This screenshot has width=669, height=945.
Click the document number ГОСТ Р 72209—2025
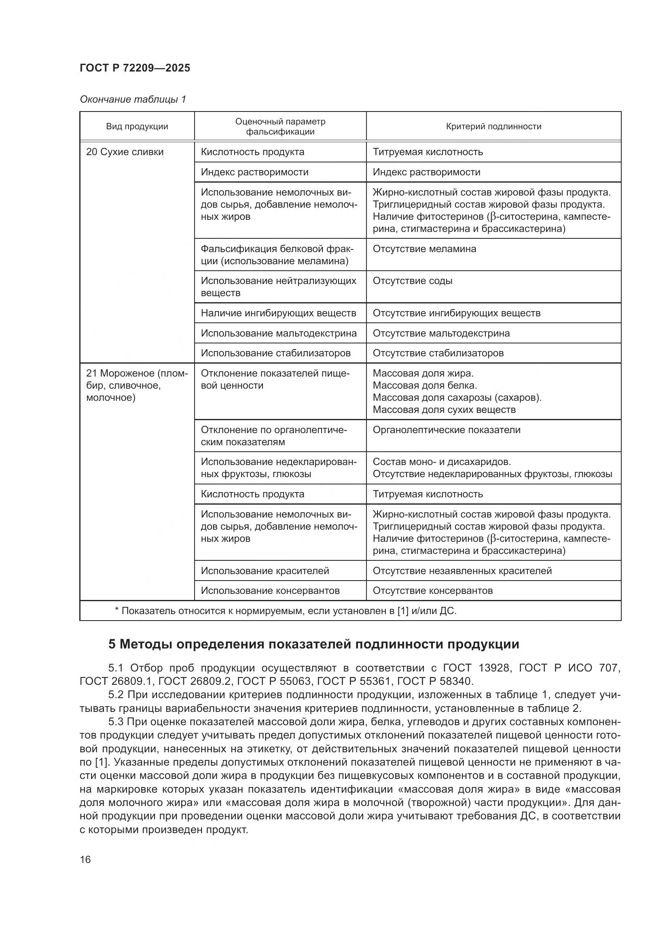click(x=135, y=68)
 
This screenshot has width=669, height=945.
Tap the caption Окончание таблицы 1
click(x=133, y=99)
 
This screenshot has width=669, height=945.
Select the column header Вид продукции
click(x=137, y=126)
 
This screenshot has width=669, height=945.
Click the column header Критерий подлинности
click(x=493, y=126)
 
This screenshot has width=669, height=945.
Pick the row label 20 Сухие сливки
click(x=125, y=152)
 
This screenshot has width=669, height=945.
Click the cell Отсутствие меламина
click(x=424, y=248)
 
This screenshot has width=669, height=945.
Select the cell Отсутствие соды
click(x=412, y=281)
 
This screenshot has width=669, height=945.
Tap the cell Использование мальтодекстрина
click(x=278, y=333)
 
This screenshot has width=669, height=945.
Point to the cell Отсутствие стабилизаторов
click(x=438, y=353)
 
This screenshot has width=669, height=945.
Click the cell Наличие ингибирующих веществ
click(x=278, y=313)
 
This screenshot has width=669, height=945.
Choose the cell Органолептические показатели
click(x=446, y=430)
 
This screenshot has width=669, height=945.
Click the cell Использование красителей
click(x=265, y=570)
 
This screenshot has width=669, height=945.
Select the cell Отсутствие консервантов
click(x=432, y=591)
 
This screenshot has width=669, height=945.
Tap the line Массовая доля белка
click(x=424, y=385)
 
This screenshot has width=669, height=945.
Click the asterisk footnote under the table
click(x=286, y=611)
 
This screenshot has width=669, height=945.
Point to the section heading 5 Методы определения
click(x=313, y=644)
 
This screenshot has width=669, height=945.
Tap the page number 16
click(x=85, y=859)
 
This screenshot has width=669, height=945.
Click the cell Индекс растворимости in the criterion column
click(x=426, y=172)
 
